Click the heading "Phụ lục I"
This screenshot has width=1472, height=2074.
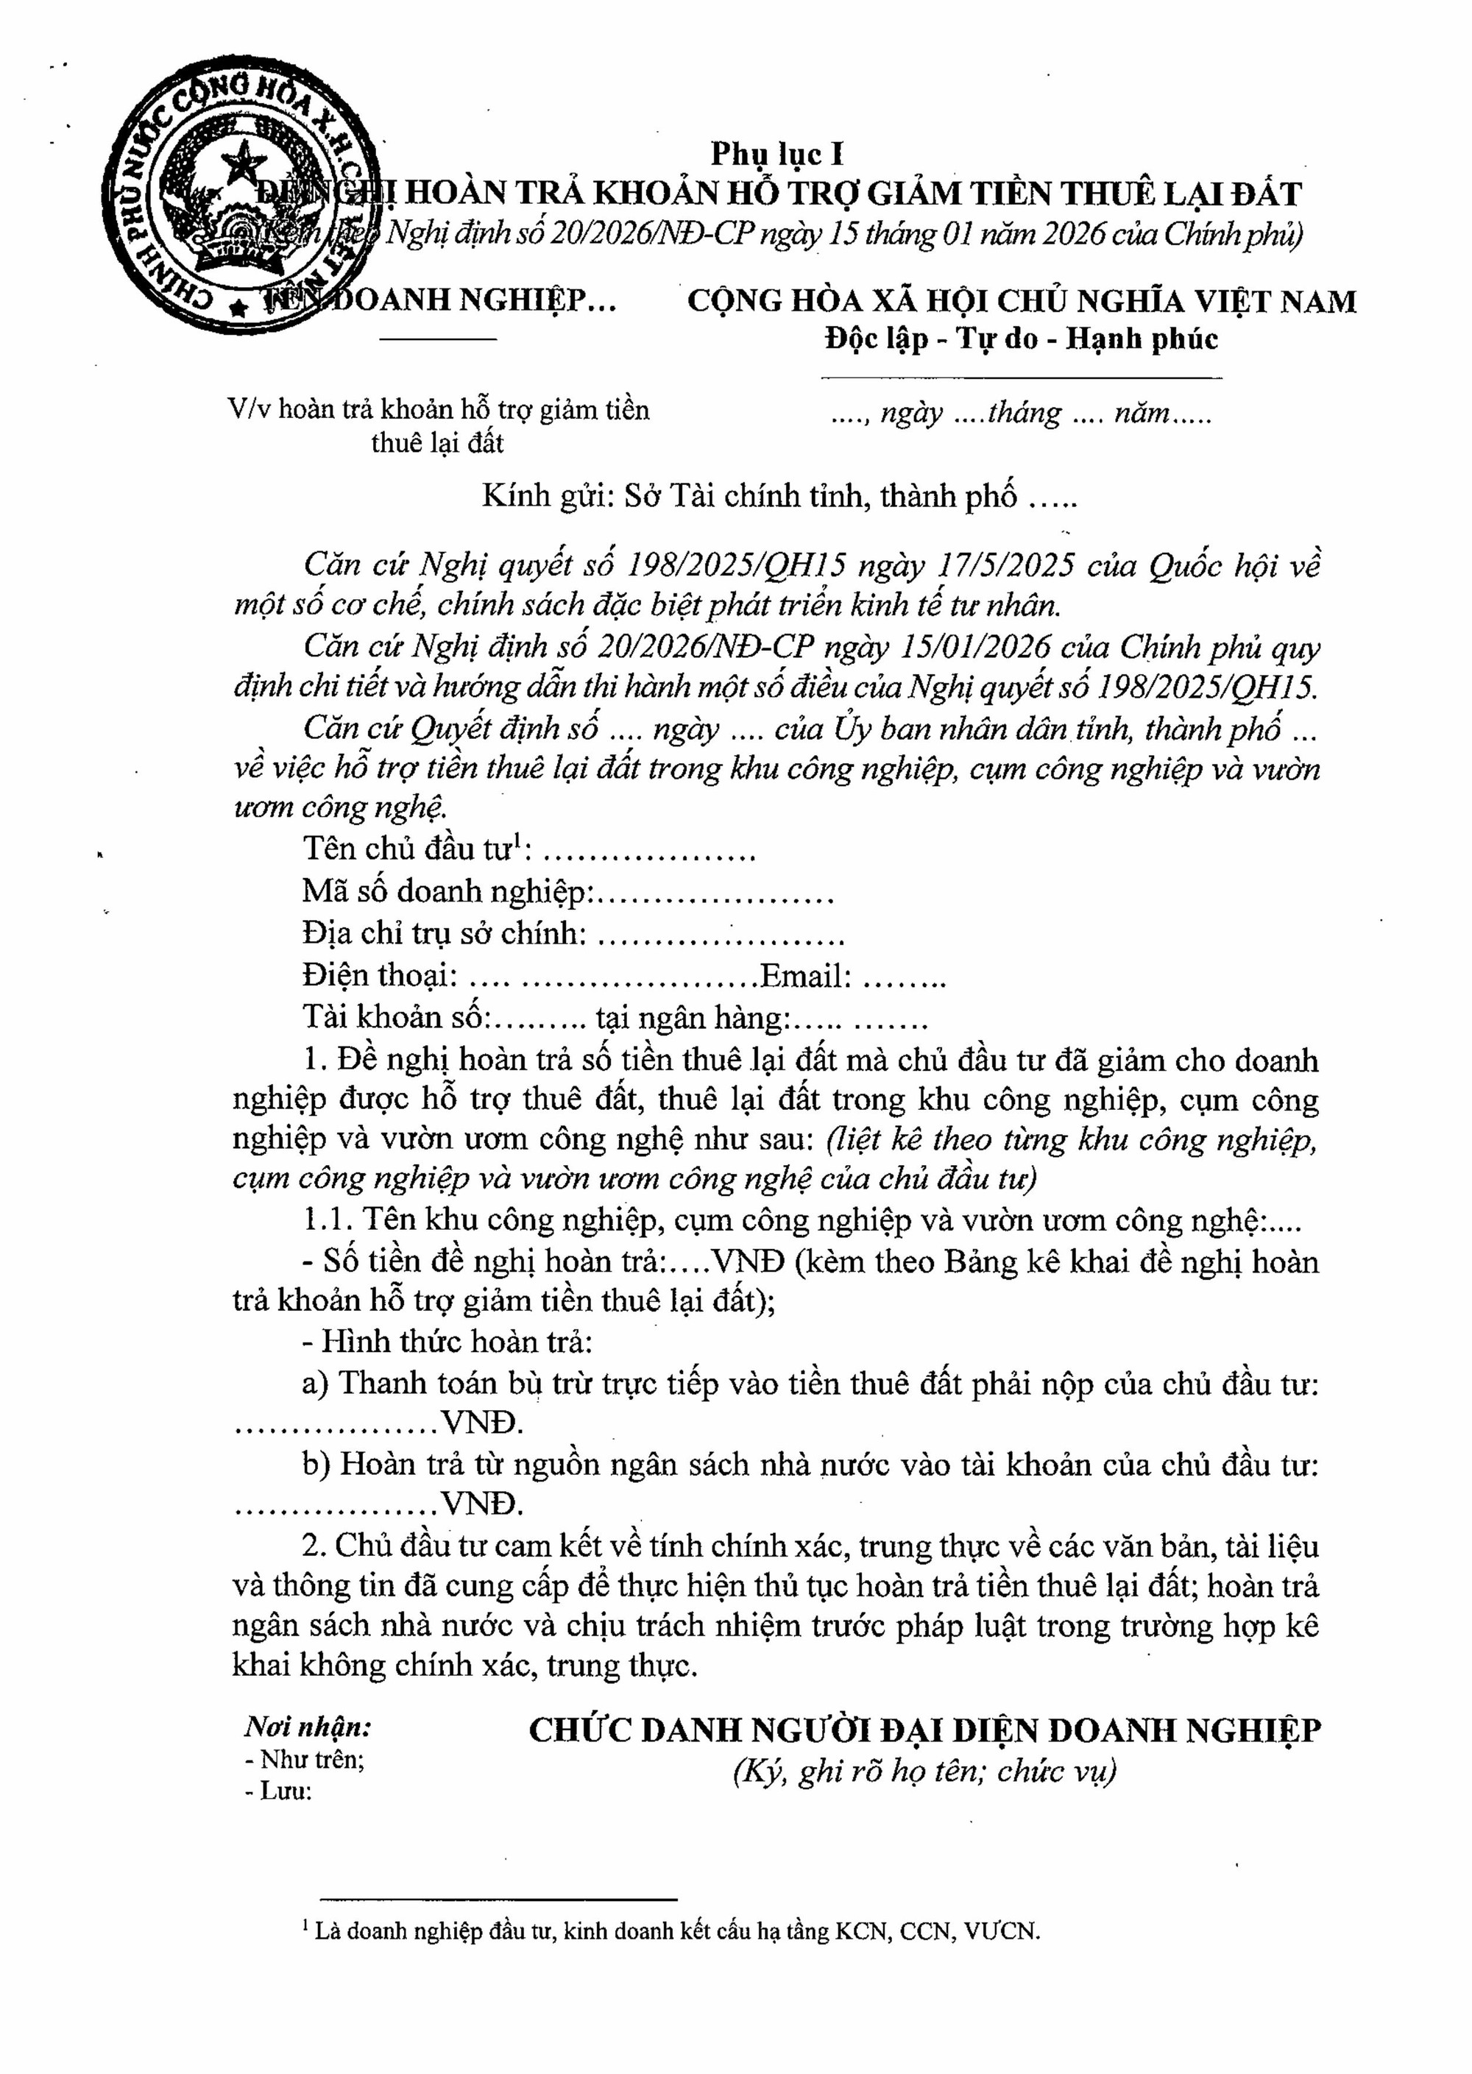tap(776, 153)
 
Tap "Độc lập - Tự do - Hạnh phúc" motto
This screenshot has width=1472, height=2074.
tap(1021, 339)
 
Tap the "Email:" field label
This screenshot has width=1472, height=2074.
tap(806, 975)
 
